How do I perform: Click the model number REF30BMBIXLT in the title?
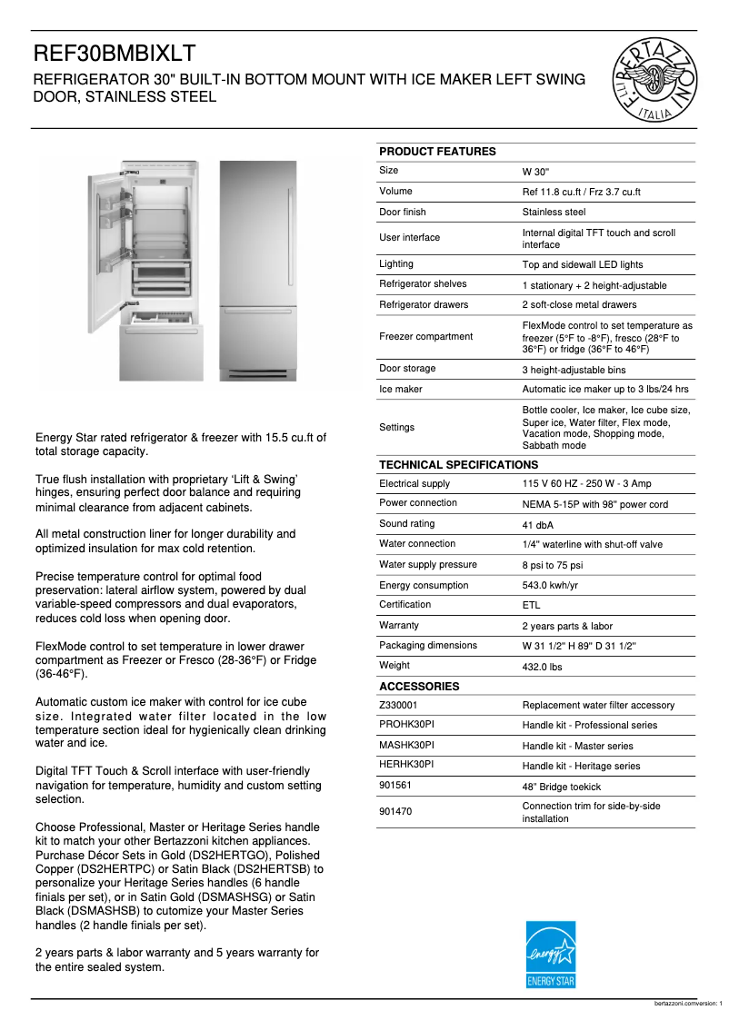coord(115,54)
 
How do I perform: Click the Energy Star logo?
coord(551,955)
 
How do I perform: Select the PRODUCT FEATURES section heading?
coord(437,152)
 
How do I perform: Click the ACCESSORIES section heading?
coord(419,687)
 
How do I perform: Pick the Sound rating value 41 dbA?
coord(538,525)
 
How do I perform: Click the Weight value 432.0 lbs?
coord(542,666)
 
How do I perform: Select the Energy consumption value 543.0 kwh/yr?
coord(550,586)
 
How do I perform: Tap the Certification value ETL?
coord(531,606)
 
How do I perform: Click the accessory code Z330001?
coord(400,705)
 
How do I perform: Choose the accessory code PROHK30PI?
coord(406,725)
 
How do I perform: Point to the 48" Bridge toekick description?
coord(561,787)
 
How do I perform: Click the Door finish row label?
coord(403,212)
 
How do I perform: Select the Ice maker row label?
coord(401,389)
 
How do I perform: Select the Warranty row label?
coord(399,625)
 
